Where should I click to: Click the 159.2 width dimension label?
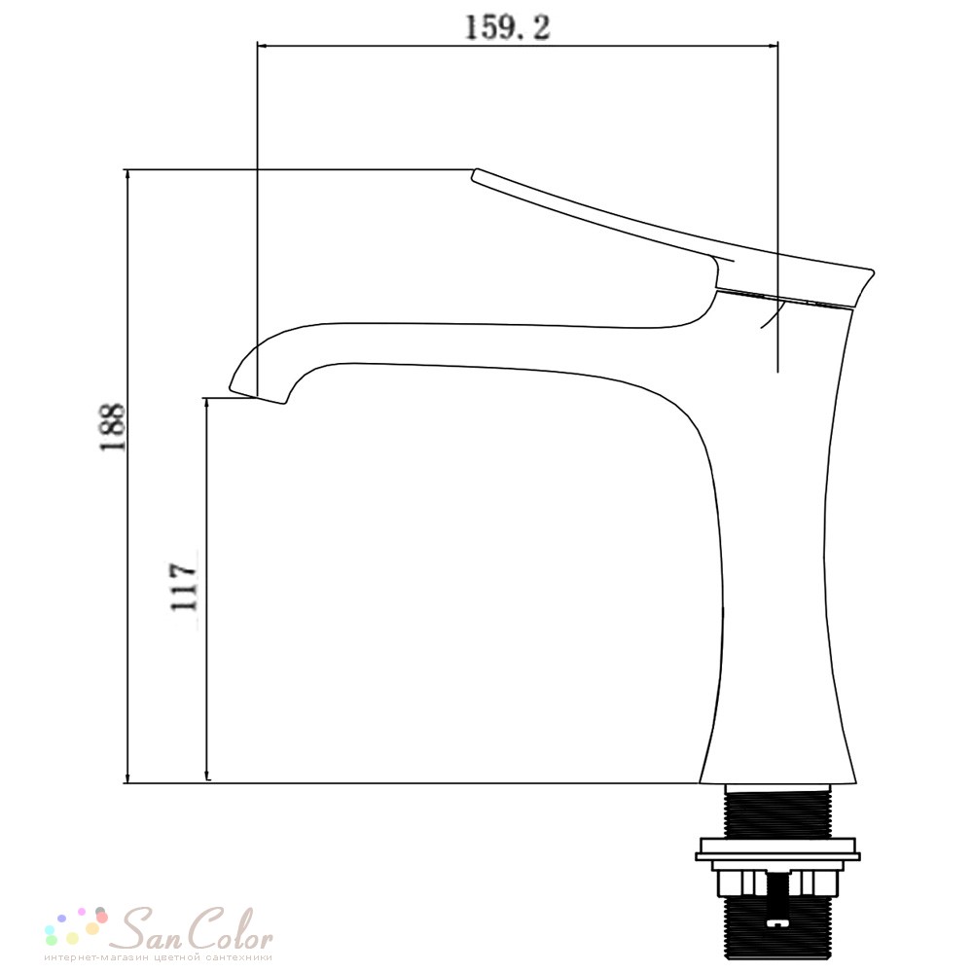tap(507, 27)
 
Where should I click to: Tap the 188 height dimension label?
tap(114, 427)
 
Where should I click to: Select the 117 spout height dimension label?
tap(184, 587)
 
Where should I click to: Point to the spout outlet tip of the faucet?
tap(258, 397)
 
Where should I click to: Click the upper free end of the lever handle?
tap(476, 174)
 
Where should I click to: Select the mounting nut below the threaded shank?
tap(777, 883)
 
